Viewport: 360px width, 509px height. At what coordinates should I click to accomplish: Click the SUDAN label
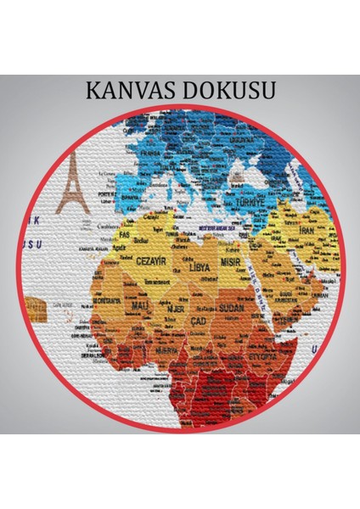pos(230,308)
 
